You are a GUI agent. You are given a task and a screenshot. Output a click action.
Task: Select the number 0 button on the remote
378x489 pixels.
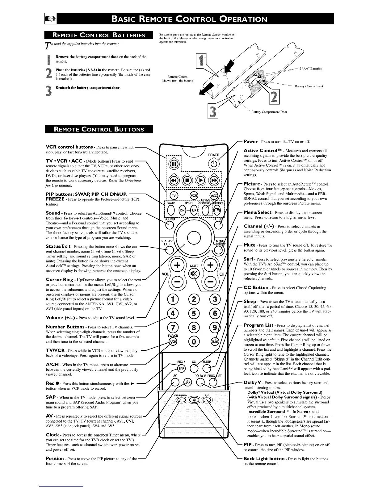tap(194, 341)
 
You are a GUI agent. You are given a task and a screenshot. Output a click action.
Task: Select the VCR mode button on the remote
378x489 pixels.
tap(194, 196)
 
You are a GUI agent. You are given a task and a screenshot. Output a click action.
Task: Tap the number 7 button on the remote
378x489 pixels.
tap(172, 328)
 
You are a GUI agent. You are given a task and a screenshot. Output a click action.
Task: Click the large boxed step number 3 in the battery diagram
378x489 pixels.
tap(213, 112)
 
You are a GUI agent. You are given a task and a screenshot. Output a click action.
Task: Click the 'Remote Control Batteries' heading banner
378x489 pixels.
tap(99, 35)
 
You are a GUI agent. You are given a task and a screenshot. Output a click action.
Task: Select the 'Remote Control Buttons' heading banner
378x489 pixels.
tap(99, 129)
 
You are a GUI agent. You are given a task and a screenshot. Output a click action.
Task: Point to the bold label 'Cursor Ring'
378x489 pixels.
tap(60, 280)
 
